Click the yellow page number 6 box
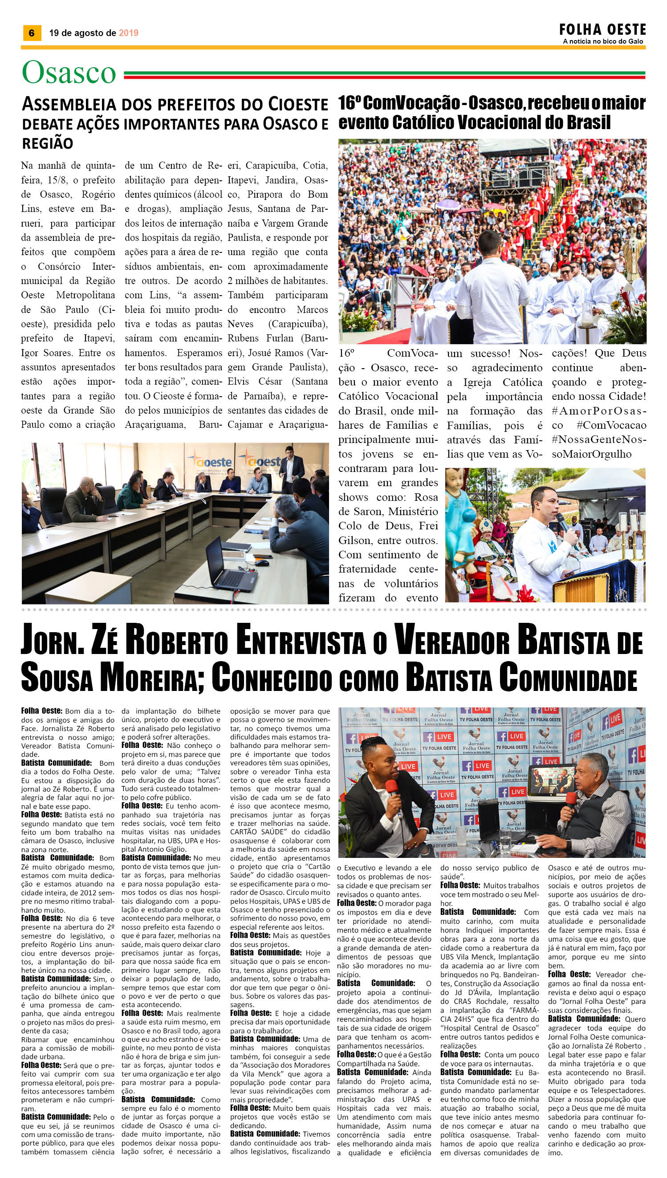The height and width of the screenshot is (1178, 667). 32,32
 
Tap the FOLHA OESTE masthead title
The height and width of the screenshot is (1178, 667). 602,30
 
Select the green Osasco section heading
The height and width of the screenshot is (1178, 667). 69,73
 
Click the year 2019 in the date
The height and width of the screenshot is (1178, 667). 128,33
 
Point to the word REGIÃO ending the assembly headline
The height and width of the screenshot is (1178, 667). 48,143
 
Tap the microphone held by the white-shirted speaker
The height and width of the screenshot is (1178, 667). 563,523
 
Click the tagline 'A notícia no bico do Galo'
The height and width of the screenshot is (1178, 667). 603,41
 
